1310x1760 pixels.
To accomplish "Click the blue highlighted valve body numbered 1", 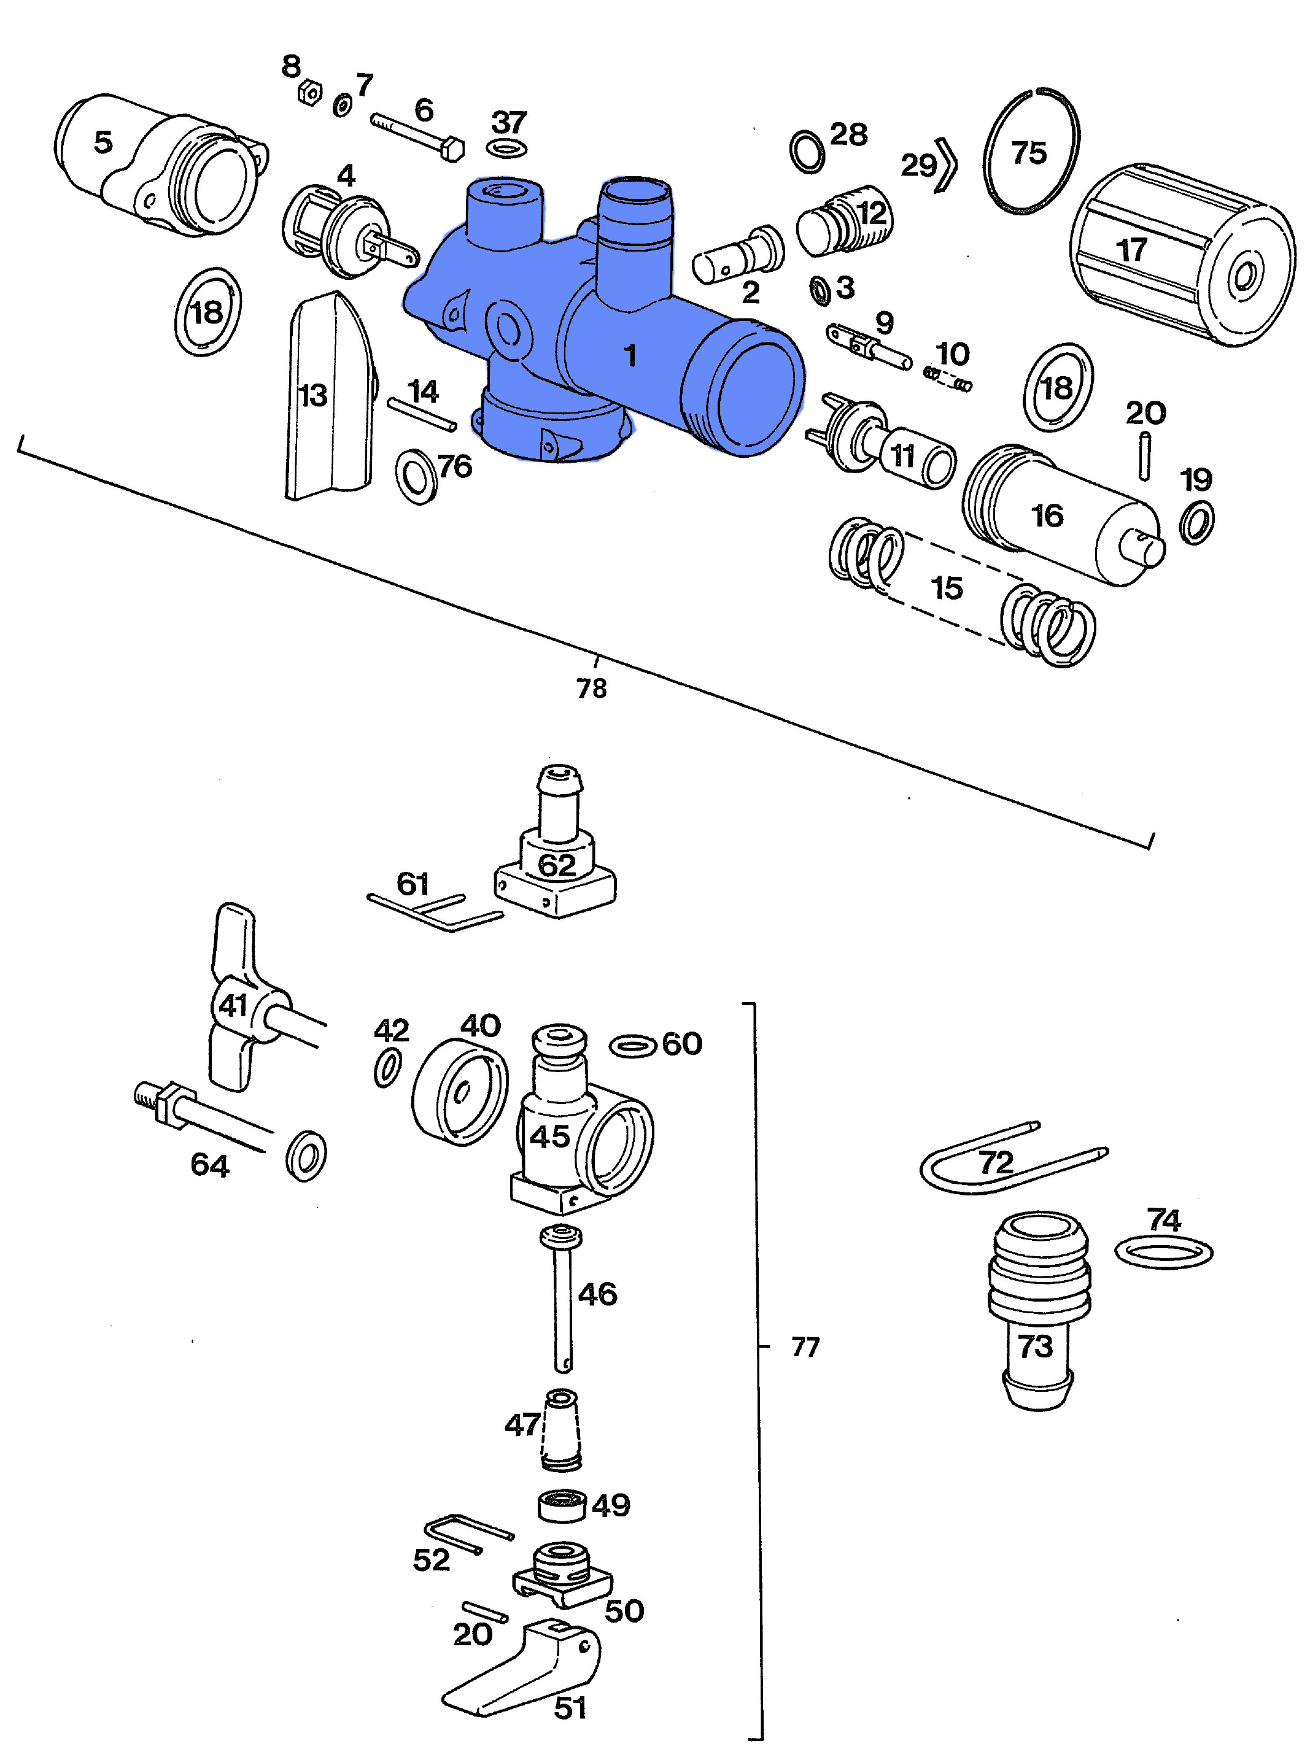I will [603, 333].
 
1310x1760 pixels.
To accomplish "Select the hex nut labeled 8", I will [309, 93].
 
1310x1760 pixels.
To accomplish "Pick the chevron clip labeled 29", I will [945, 165].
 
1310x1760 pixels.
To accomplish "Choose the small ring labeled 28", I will [807, 150].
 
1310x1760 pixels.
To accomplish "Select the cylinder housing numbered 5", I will [158, 166].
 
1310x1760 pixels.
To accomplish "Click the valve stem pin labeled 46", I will [562, 1300].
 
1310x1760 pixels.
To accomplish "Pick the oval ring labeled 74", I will [1163, 1252].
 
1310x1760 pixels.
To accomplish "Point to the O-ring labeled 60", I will [633, 1046].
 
